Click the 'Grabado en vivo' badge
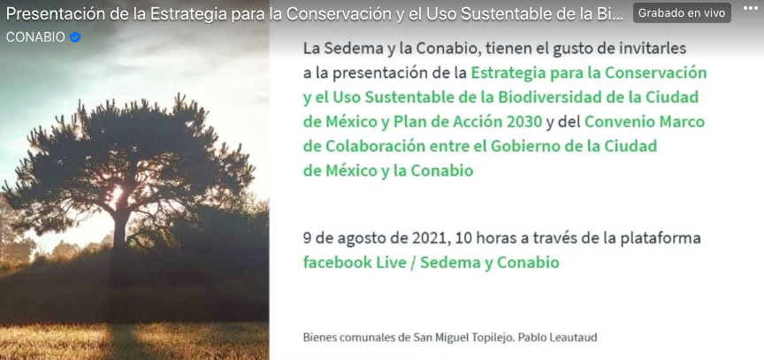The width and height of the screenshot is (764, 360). (682, 13)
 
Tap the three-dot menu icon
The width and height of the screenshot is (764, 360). (751, 8)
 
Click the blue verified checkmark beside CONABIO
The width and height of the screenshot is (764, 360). (75, 37)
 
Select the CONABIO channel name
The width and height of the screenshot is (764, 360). (35, 37)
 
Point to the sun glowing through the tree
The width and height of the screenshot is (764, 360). (116, 194)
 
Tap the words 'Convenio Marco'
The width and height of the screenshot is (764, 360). (644, 122)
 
